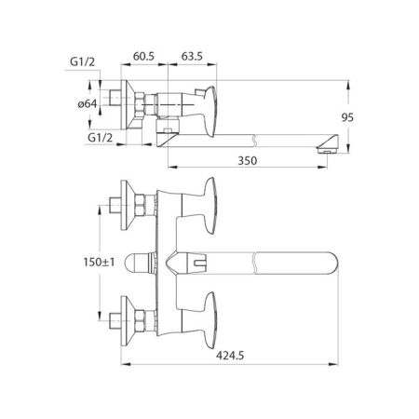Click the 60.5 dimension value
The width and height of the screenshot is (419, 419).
144,58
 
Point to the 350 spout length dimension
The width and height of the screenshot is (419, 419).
247,161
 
